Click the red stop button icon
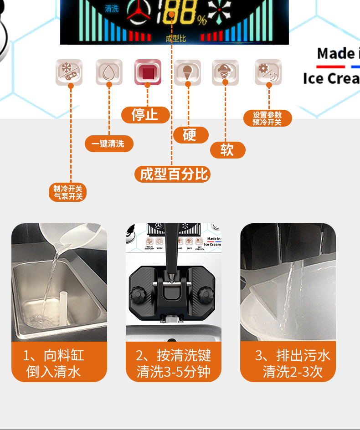[x=148, y=72]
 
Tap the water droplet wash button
[x=109, y=72]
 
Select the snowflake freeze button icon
[x=69, y=72]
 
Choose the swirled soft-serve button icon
[x=225, y=72]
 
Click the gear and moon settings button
[x=268, y=72]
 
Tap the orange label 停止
[x=145, y=115]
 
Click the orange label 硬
[x=190, y=135]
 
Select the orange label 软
[x=227, y=150]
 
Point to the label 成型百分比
[x=173, y=174]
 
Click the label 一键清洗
[x=109, y=143]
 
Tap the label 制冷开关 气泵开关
[x=67, y=192]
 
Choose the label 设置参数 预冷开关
[x=267, y=118]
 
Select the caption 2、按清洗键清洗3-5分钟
[x=173, y=363]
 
